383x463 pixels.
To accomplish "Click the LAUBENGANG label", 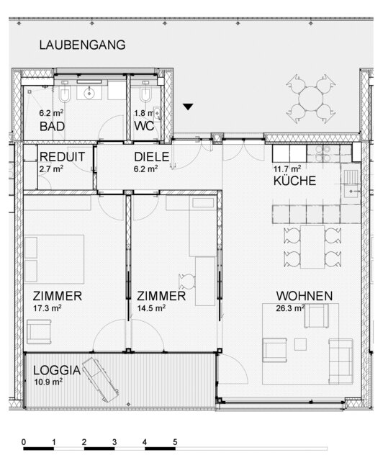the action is pyautogui.click(x=82, y=45).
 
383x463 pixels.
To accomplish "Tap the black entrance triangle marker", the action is pyautogui.click(x=188, y=107).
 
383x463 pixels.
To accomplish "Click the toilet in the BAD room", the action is pyautogui.click(x=65, y=93).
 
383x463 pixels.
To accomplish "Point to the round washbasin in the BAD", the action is pyautogui.click(x=89, y=94).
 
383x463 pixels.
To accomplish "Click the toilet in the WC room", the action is pyautogui.click(x=145, y=93).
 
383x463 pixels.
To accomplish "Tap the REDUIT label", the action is pyautogui.click(x=63, y=157).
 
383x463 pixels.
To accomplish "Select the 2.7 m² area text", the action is pyautogui.click(x=51, y=169).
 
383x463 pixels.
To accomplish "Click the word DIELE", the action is pyautogui.click(x=151, y=157).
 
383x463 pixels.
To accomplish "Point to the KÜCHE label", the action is pyautogui.click(x=294, y=181).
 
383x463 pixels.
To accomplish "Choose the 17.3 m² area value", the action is pyautogui.click(x=48, y=308).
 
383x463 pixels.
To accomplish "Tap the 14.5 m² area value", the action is pyautogui.click(x=151, y=308).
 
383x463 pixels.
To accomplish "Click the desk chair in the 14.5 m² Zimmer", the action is pyautogui.click(x=187, y=281).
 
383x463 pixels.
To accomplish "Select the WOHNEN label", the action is pyautogui.click(x=305, y=296).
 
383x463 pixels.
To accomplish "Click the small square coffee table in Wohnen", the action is pyautogui.click(x=300, y=344).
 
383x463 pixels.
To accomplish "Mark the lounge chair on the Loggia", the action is pyautogui.click(x=100, y=379).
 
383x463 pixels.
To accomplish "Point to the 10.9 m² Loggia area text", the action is pyautogui.click(x=48, y=382).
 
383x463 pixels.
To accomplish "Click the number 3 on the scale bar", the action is pyautogui.click(x=114, y=442).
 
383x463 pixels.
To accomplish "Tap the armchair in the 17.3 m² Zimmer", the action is pyautogui.click(x=39, y=332).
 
